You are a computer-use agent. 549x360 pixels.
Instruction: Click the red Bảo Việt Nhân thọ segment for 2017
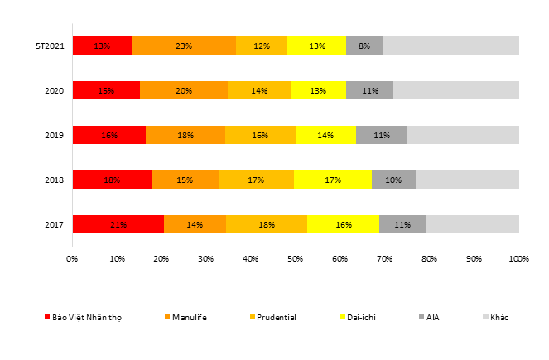tap(118, 224)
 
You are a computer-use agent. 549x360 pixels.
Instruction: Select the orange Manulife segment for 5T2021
tap(184, 46)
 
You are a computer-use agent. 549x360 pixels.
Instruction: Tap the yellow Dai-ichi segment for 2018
tap(332, 180)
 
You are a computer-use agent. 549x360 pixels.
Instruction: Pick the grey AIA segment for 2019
tap(381, 135)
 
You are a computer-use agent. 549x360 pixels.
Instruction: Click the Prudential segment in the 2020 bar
tap(259, 90)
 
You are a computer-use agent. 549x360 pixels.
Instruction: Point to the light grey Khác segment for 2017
tap(472, 224)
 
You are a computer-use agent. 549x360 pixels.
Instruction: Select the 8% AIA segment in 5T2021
tap(364, 46)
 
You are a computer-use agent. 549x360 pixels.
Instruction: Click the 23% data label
tap(184, 46)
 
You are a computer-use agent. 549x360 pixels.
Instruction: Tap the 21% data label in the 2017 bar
tap(118, 224)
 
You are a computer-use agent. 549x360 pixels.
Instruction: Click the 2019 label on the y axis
tap(54, 135)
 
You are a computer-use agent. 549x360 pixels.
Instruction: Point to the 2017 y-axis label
tap(54, 224)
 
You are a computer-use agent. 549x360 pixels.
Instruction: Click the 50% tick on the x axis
tap(296, 259)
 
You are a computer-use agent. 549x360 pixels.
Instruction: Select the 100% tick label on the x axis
tap(518, 259)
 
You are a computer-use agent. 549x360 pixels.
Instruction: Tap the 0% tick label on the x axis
tap(72, 259)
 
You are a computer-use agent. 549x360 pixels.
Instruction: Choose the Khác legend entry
tap(499, 317)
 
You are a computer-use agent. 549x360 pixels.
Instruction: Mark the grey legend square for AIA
tap(421, 317)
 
